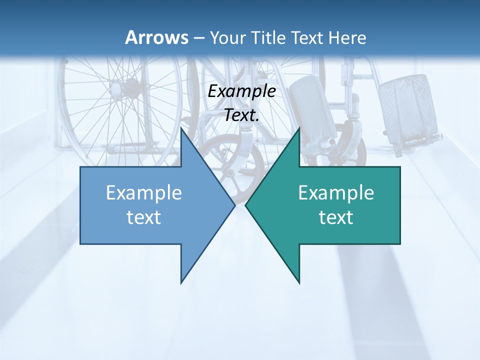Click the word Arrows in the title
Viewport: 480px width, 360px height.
(156, 37)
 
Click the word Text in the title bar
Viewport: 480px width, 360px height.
(309, 37)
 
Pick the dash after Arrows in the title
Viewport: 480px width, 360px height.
(198, 38)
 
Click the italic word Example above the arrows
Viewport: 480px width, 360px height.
(241, 91)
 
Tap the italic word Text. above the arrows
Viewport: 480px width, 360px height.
(241, 115)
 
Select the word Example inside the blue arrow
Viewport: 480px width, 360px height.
(144, 192)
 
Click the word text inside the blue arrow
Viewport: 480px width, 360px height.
(144, 217)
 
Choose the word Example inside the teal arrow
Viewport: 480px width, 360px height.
(336, 192)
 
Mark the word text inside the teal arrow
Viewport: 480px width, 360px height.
(336, 217)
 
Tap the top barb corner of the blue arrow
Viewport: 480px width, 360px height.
(181, 128)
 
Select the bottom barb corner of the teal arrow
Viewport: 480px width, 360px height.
(299, 283)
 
